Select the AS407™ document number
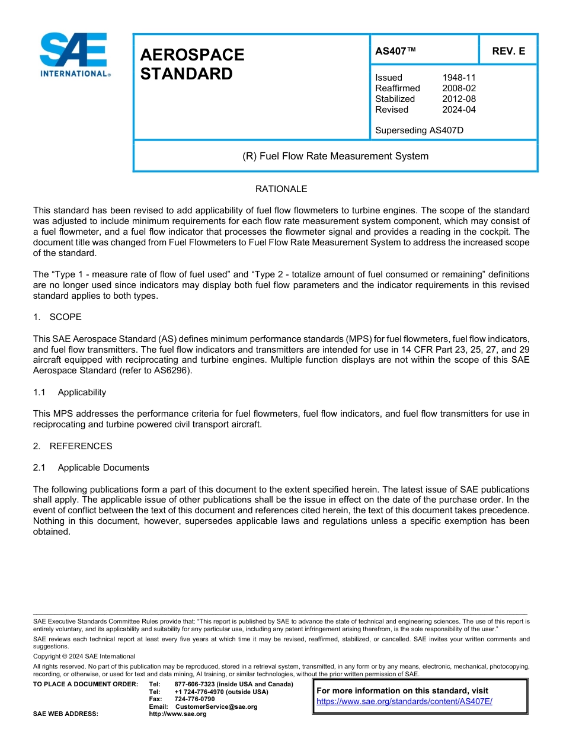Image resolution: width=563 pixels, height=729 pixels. coord(395,52)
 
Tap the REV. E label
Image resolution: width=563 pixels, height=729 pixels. coord(508,52)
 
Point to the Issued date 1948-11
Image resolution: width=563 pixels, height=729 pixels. coord(459,78)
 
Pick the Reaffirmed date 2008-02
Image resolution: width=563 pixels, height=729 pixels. coord(459,88)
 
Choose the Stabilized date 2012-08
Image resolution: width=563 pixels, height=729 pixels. coord(459,99)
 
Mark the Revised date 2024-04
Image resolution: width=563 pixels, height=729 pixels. coord(459,110)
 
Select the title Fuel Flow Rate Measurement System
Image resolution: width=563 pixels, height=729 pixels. coord(335,156)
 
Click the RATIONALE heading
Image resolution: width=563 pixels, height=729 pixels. coord(281,189)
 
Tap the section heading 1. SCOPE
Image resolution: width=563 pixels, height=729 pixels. coord(57,317)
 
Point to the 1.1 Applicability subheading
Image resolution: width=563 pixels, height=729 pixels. coord(70,392)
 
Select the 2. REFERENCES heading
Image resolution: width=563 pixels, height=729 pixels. coord(72,446)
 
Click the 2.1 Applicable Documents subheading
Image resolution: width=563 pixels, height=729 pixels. coord(91,468)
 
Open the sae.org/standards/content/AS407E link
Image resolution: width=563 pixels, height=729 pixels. coord(404,701)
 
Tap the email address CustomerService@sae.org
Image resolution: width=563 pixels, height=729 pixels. coord(216,706)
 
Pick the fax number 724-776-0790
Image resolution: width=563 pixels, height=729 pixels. coord(194,699)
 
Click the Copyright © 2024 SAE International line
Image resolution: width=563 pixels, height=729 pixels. coord(84,657)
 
